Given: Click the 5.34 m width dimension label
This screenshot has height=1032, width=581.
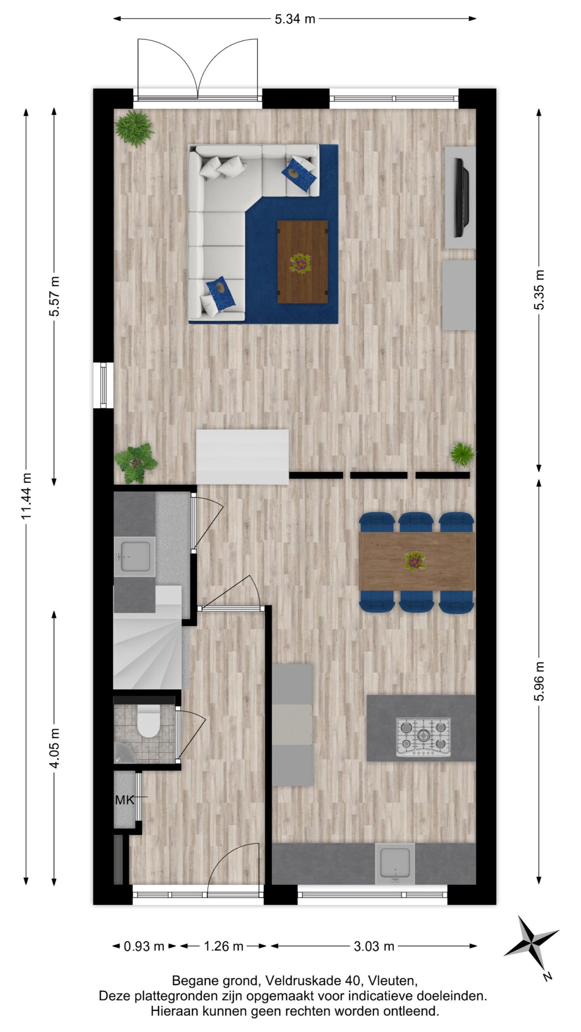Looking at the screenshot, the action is point(295,19).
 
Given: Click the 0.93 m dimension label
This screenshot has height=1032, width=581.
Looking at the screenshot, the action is point(144,946).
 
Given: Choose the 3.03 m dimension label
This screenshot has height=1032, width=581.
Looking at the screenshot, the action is point(374,946).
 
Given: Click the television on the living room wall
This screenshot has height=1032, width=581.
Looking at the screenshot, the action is point(461,198).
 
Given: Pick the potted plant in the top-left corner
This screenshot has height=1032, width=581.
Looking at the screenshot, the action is point(134,128).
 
